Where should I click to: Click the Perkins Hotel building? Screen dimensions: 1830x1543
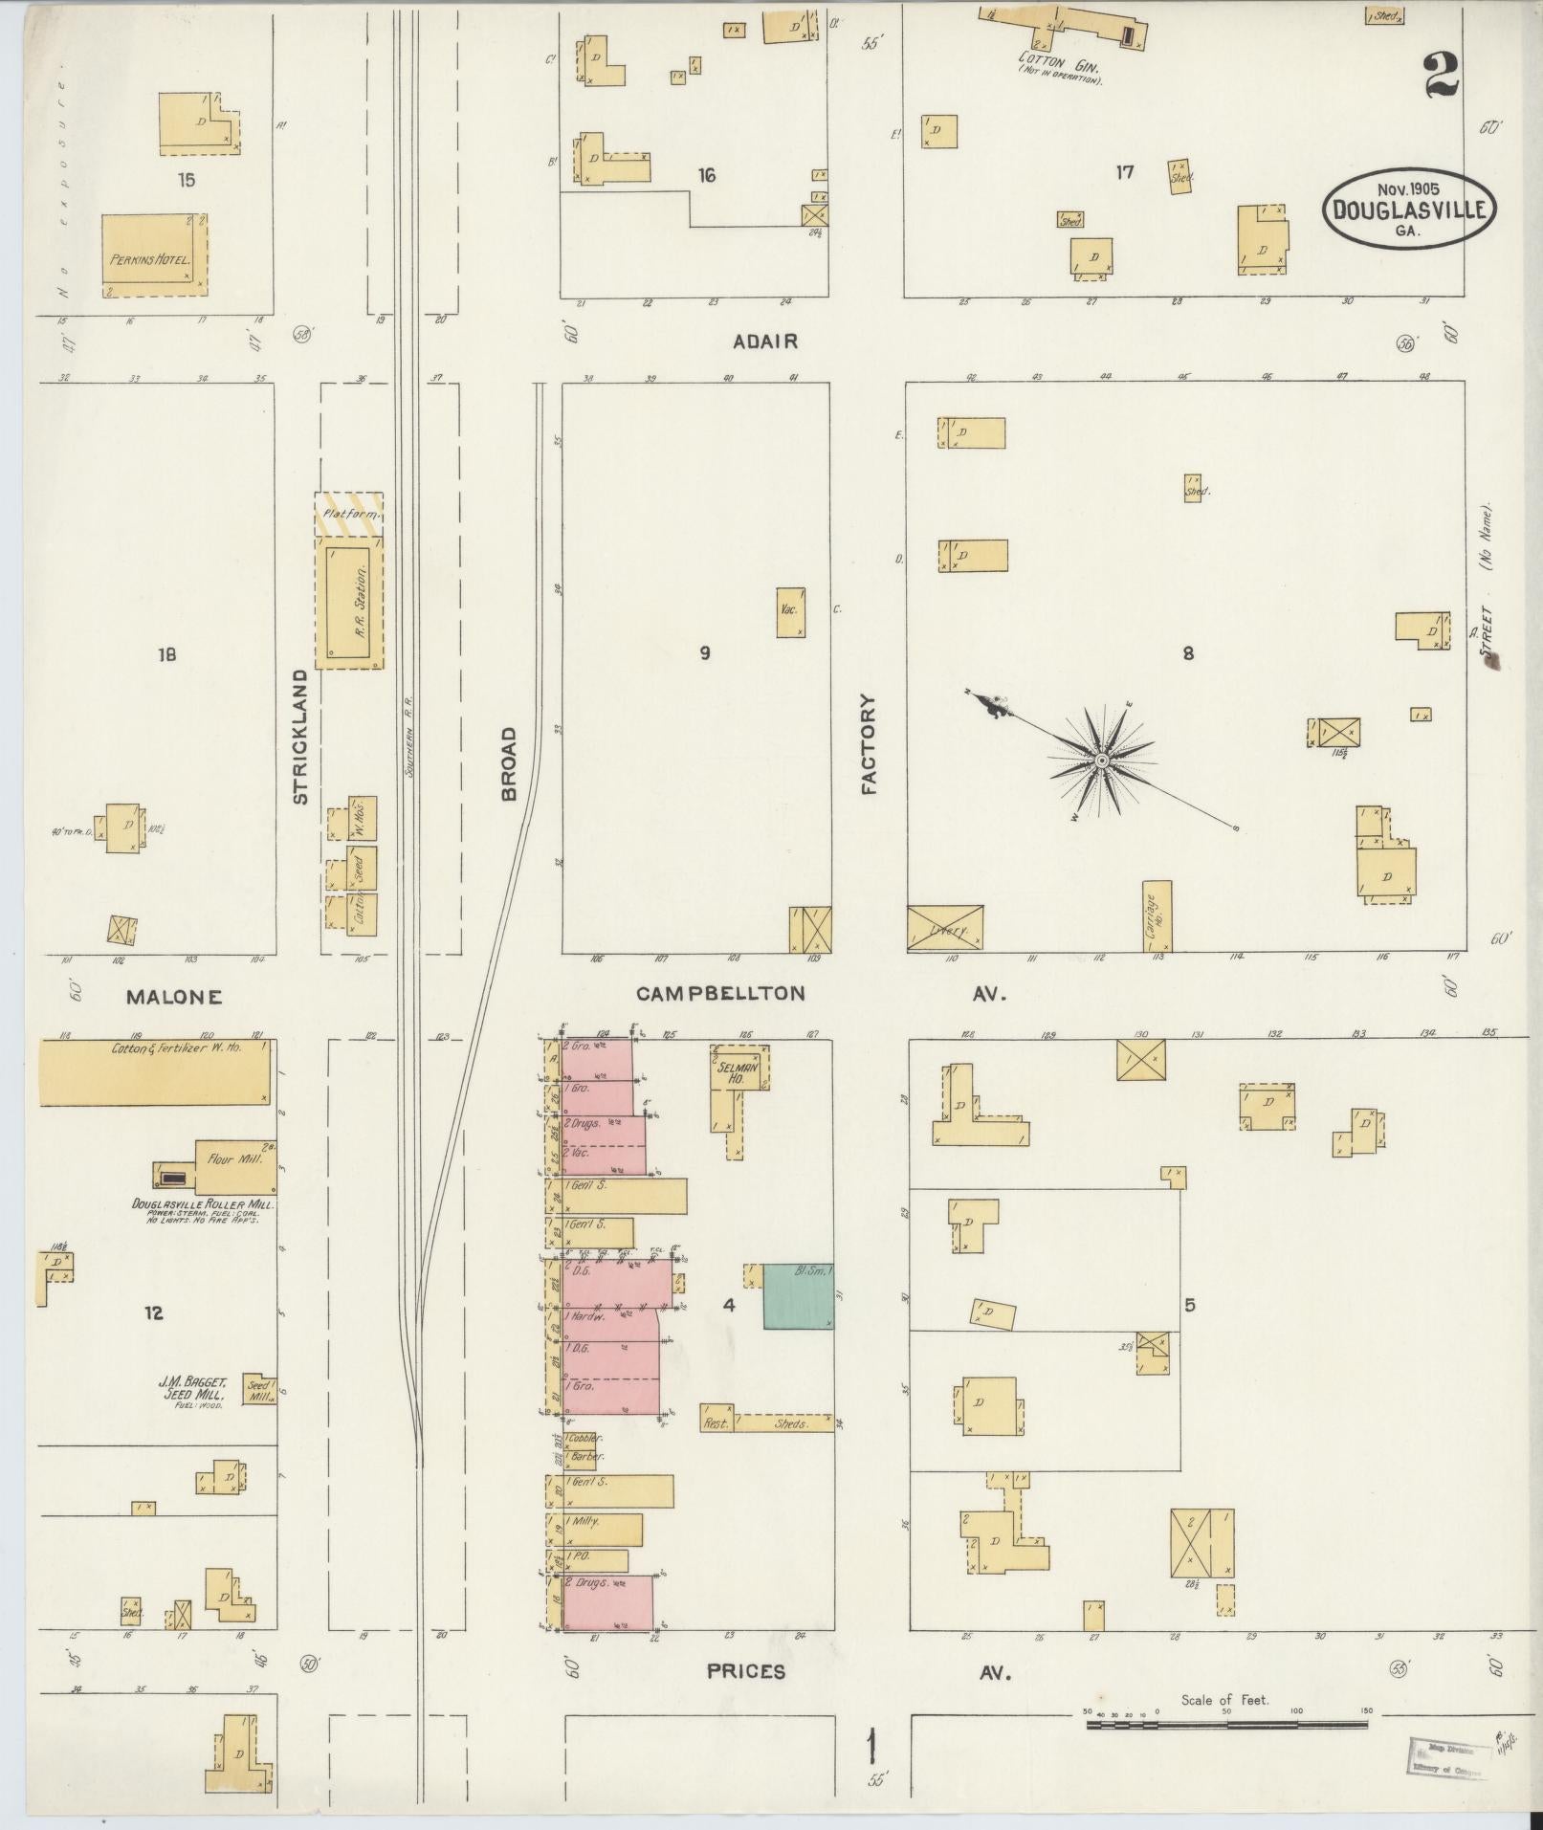(x=153, y=250)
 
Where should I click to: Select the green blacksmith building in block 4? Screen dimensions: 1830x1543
(x=798, y=1297)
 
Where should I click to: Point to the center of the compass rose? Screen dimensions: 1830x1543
(x=1102, y=760)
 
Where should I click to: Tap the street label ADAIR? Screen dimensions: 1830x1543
(x=765, y=342)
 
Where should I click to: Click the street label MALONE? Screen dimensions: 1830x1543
(x=174, y=997)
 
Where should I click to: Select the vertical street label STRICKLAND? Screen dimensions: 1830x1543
(x=299, y=737)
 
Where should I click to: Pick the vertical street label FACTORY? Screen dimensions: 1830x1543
(x=869, y=744)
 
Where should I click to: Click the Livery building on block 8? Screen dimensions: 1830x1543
(x=945, y=929)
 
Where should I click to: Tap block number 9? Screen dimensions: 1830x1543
(x=705, y=653)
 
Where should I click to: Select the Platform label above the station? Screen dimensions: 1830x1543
(x=348, y=515)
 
